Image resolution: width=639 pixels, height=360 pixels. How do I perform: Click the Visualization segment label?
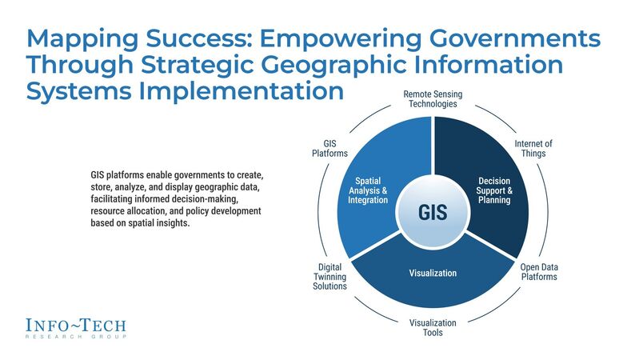pyautogui.click(x=433, y=273)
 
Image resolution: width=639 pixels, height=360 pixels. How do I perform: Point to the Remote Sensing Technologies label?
pyautogui.click(x=433, y=99)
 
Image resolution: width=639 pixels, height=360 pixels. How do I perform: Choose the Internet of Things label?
pyautogui.click(x=533, y=149)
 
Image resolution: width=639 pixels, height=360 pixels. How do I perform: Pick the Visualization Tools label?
pyautogui.click(x=433, y=328)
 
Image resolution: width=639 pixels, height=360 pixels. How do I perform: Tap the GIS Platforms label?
pyautogui.click(x=329, y=149)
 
